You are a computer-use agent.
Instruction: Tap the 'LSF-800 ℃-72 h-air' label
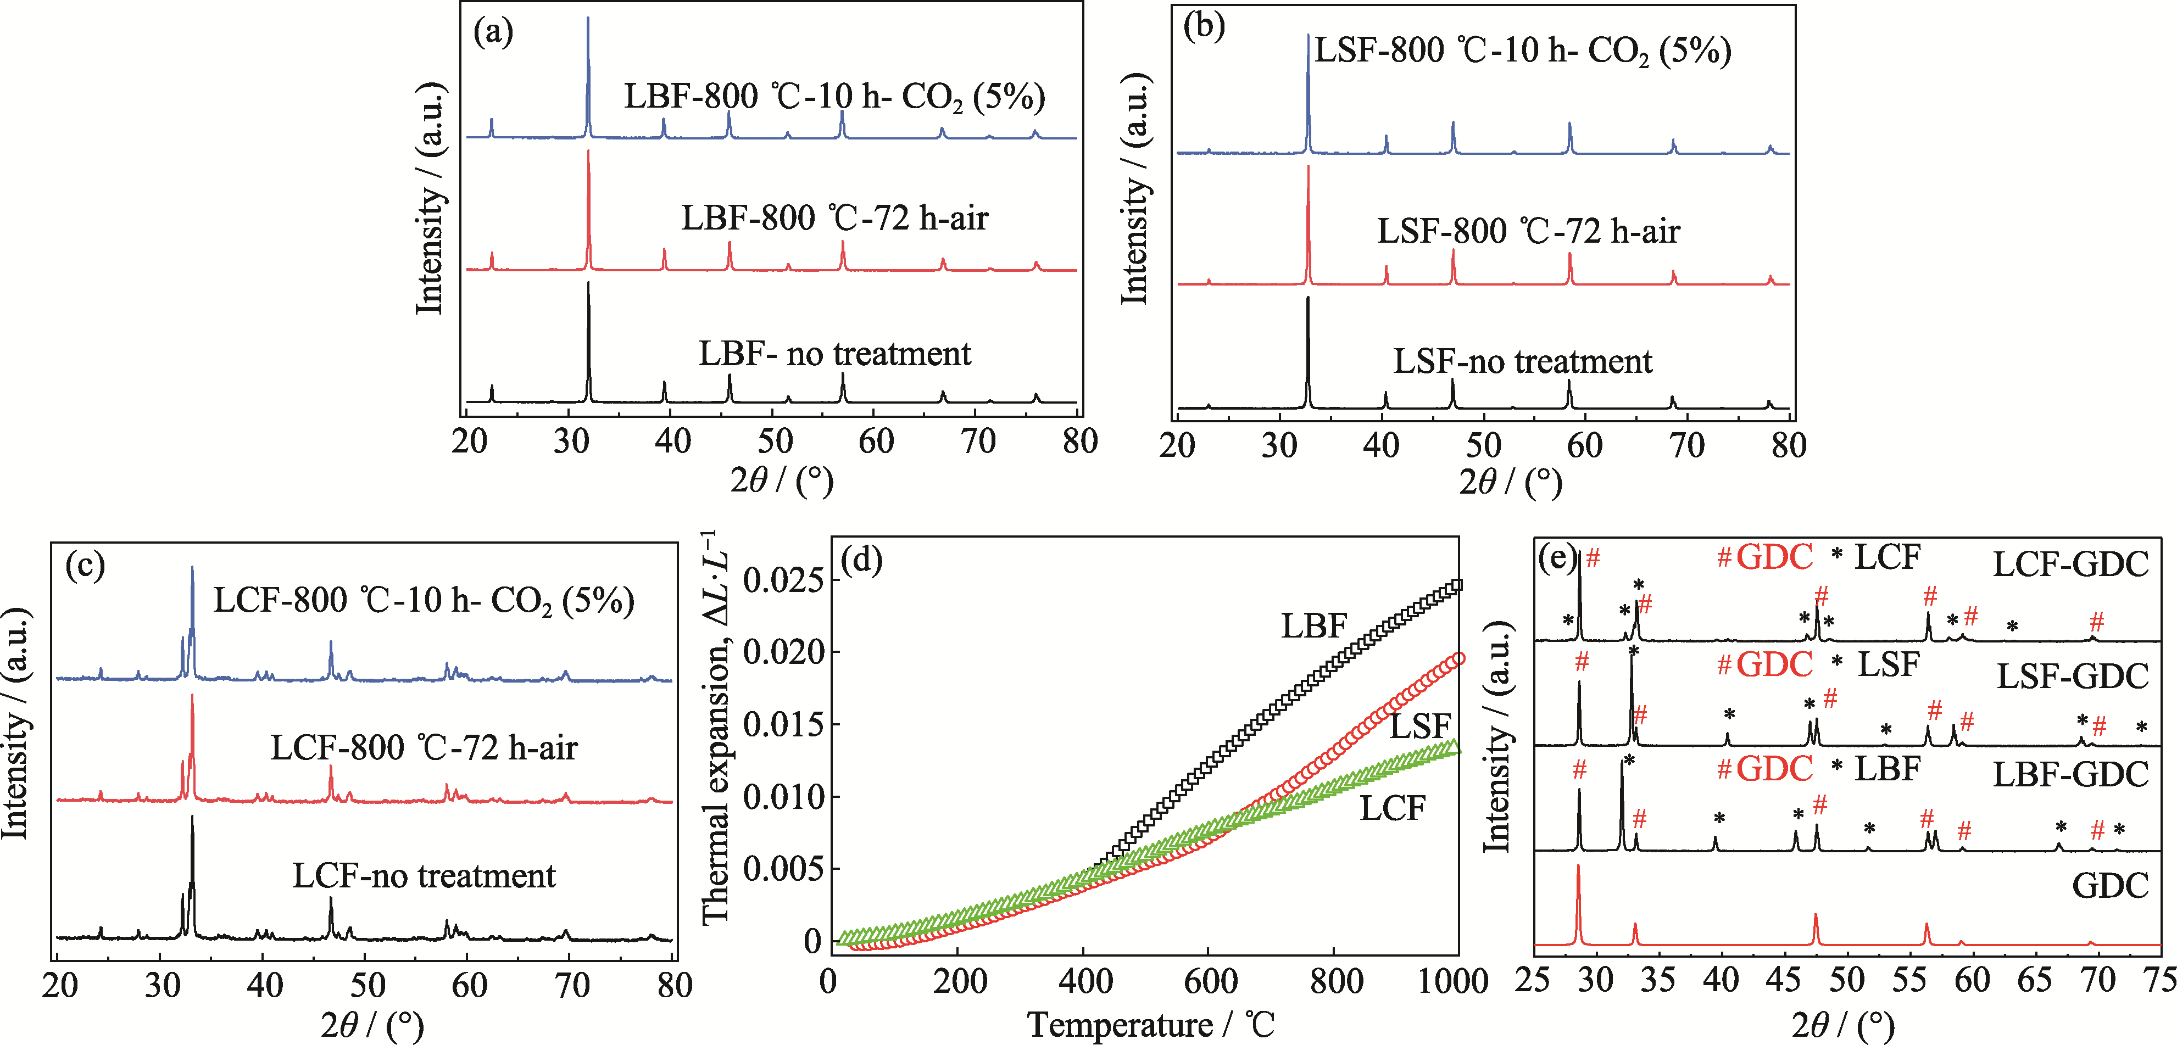pyautogui.click(x=1528, y=231)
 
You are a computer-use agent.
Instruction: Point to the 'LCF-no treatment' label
pyautogui.click(x=424, y=876)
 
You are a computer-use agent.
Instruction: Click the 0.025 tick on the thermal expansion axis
pyautogui.click(x=782, y=581)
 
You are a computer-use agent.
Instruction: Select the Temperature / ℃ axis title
pyautogui.click(x=1150, y=1025)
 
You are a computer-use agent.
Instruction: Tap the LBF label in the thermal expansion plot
pyautogui.click(x=1313, y=626)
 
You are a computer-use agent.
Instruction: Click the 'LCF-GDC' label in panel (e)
pyautogui.click(x=2070, y=565)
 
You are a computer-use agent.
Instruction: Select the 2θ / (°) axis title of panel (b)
pyautogui.click(x=1510, y=482)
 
